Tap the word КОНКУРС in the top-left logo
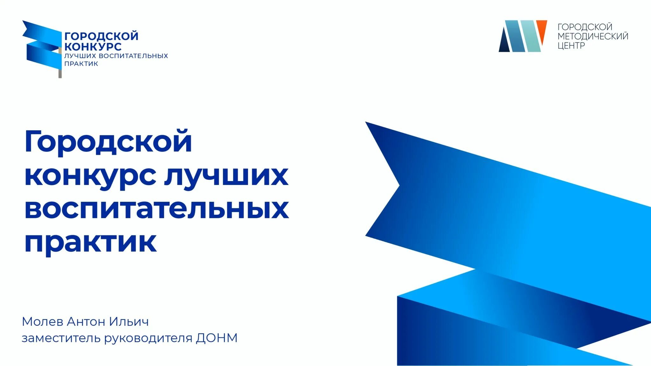93,47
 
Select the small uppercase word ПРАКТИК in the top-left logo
81,64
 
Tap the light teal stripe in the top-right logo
531,36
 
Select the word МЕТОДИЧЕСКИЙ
593,36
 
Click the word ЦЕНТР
571,46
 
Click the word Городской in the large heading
108,142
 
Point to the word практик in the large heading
90,243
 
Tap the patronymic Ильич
129,322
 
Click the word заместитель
61,338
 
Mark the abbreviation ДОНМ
217,338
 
